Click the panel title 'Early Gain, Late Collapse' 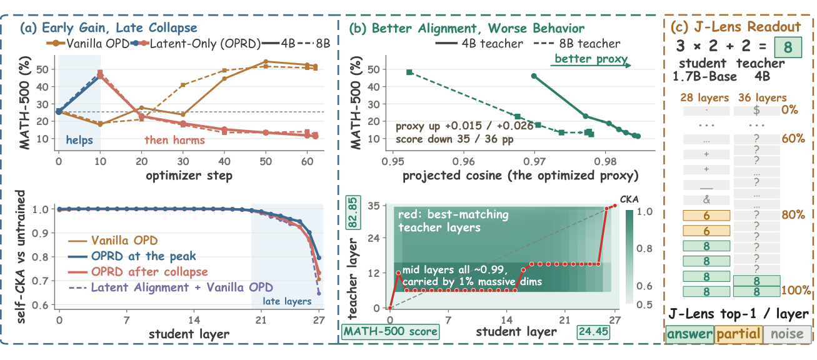click(119, 27)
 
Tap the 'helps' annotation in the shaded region click(79, 140)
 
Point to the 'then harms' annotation click(174, 140)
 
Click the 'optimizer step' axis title click(189, 176)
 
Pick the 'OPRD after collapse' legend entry click(149, 272)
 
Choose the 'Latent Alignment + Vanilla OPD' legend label click(182, 287)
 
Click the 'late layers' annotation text click(287, 301)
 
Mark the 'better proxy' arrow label click(591, 59)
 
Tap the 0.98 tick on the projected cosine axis click(605, 162)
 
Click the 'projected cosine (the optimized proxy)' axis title click(521, 176)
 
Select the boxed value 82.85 click(353, 212)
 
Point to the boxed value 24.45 click(593, 331)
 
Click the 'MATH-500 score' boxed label click(391, 331)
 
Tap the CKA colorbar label click(629, 199)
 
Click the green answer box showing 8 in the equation click(788, 47)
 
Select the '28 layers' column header click(704, 97)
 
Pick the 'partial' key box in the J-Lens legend click(739, 334)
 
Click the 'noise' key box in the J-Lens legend click(787, 334)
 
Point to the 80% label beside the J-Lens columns click(793, 214)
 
